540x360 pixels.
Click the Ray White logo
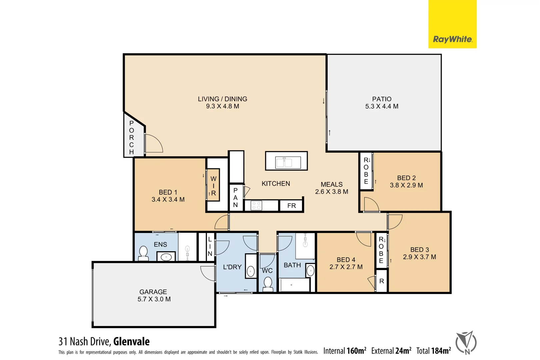(x=452, y=39)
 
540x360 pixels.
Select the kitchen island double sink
(x=284, y=162)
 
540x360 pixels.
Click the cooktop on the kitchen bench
(x=256, y=205)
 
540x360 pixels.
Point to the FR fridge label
(x=292, y=206)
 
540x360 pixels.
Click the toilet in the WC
(x=268, y=283)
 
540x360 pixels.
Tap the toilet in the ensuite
(x=143, y=253)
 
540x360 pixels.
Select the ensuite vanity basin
(x=166, y=257)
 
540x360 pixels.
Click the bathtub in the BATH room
(x=295, y=285)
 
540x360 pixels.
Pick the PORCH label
(x=131, y=137)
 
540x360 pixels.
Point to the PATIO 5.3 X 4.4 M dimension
(x=382, y=106)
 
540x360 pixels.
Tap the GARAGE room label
(x=153, y=292)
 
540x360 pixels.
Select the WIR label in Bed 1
(x=213, y=186)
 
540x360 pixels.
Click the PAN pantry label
(x=235, y=197)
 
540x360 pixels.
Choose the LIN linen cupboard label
(x=210, y=246)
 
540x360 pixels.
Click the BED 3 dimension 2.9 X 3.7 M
(x=419, y=257)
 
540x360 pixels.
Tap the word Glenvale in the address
(x=131, y=342)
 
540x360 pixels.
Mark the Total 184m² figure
(x=433, y=351)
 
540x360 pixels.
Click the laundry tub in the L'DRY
(x=251, y=271)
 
